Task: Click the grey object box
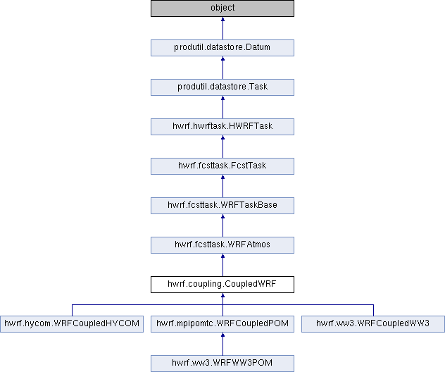(222, 8)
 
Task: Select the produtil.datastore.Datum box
(222, 48)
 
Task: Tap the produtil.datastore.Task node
(222, 87)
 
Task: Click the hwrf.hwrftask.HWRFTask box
(222, 127)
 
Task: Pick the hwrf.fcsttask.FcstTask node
(222, 166)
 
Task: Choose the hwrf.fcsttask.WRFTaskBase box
(222, 206)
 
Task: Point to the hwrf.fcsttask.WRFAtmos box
(222, 245)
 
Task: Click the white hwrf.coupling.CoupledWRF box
(222, 285)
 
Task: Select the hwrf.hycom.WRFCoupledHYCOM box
(72, 324)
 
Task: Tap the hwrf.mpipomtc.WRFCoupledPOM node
(222, 324)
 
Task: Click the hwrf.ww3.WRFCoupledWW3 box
(373, 324)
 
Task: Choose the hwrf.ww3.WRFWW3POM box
(222, 364)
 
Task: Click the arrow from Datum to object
(222, 28)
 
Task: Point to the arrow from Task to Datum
(222, 68)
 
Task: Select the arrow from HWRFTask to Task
(222, 107)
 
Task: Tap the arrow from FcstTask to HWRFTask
(222, 147)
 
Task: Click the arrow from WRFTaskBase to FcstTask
(222, 186)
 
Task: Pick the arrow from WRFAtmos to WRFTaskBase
(222, 225)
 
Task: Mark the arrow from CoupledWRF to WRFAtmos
(222, 265)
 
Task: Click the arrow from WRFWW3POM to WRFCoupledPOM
(222, 345)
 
